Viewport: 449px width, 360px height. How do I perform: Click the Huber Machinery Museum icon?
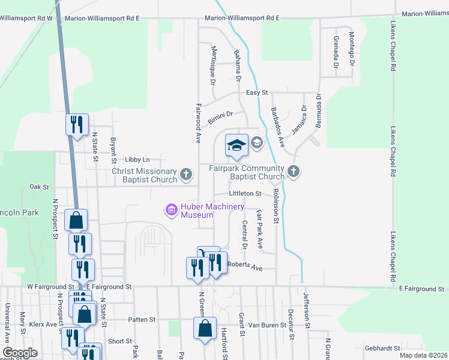click(171, 209)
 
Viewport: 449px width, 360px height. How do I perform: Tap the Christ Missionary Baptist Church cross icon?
click(186, 175)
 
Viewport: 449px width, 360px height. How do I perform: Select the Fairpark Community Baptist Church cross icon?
click(293, 172)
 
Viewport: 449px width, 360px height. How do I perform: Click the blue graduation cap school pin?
click(237, 145)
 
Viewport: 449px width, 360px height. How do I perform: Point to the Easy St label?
click(256, 93)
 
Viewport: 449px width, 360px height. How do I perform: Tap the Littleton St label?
click(245, 194)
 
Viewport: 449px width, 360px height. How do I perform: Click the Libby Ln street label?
click(137, 160)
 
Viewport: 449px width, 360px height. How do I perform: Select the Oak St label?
click(39, 187)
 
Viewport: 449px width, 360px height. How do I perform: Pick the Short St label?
click(120, 341)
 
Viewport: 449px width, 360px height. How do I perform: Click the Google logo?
click(20, 352)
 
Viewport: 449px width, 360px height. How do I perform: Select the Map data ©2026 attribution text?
click(423, 355)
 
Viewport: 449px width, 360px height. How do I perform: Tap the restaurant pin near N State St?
click(77, 125)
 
